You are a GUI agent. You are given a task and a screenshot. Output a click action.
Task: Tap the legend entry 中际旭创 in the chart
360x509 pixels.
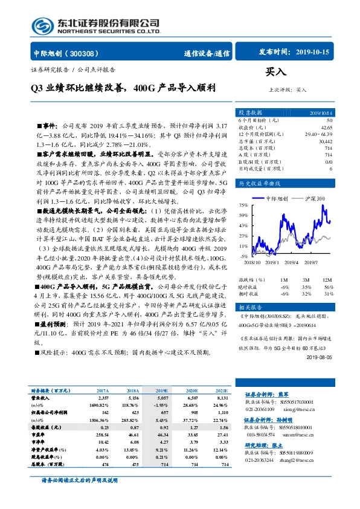click(281, 198)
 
